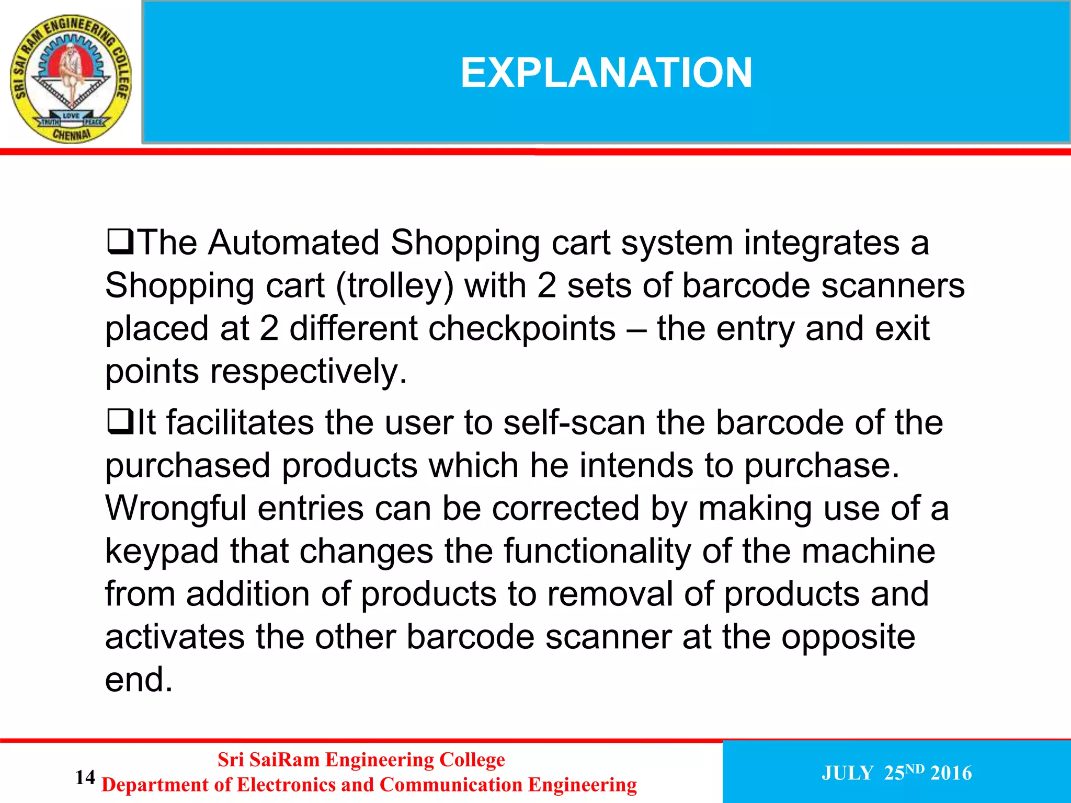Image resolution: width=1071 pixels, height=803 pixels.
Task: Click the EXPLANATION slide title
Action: click(606, 73)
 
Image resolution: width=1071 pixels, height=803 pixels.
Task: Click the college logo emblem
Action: click(71, 78)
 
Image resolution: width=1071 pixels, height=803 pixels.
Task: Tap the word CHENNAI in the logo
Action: click(72, 135)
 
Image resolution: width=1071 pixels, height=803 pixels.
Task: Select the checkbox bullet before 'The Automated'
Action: click(120, 242)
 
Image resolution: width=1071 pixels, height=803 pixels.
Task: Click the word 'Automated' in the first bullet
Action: click(293, 243)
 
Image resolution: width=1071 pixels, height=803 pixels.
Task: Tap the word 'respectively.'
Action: click(309, 372)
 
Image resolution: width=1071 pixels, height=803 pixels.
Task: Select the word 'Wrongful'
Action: click(176, 508)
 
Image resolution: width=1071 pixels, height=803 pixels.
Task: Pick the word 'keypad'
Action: click(162, 552)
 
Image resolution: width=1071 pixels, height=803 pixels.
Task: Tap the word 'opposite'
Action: click(848, 638)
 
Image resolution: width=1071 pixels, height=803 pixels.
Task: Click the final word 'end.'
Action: click(139, 680)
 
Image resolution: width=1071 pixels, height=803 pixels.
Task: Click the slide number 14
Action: click(85, 777)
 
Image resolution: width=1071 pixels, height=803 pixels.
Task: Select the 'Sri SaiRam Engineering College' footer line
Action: click(361, 760)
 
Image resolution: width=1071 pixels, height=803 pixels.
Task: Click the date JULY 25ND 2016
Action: click(896, 773)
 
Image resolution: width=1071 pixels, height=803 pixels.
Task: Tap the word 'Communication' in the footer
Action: click(450, 785)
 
